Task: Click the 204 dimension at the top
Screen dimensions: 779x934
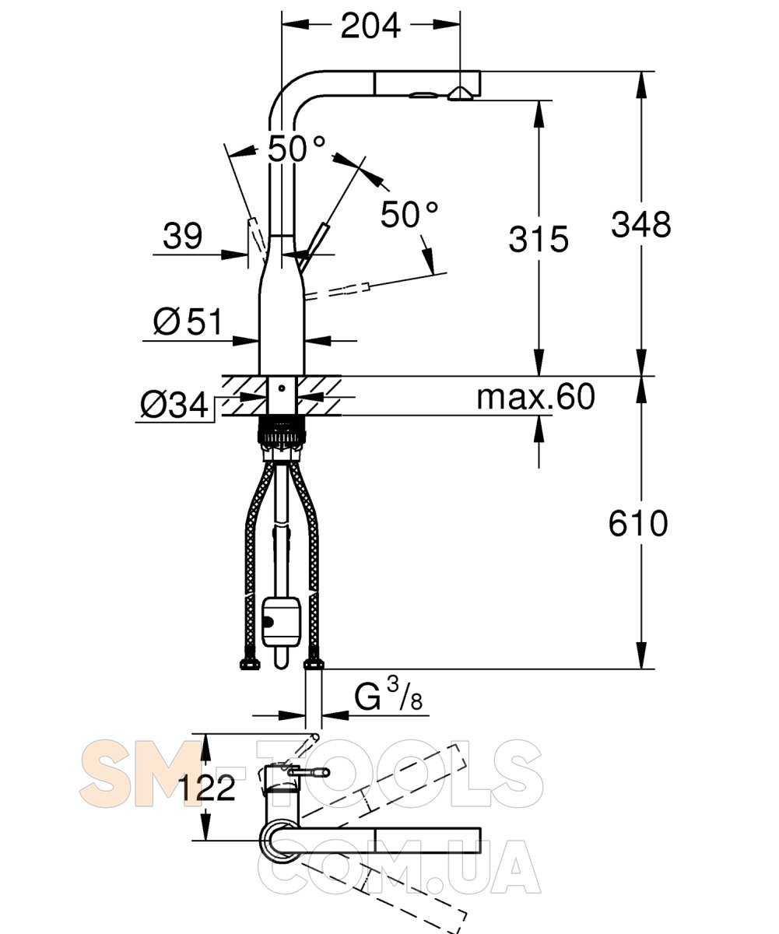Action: [x=370, y=26]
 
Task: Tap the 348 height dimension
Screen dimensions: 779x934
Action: [x=640, y=224]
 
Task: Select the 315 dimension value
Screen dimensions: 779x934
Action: [x=539, y=239]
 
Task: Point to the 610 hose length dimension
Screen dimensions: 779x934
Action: [x=638, y=523]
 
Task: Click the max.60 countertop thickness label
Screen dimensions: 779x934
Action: [x=535, y=396]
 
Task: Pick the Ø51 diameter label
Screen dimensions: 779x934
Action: [x=188, y=321]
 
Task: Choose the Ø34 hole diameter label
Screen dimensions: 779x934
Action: [x=174, y=405]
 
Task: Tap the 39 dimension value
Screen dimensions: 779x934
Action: [x=182, y=235]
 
